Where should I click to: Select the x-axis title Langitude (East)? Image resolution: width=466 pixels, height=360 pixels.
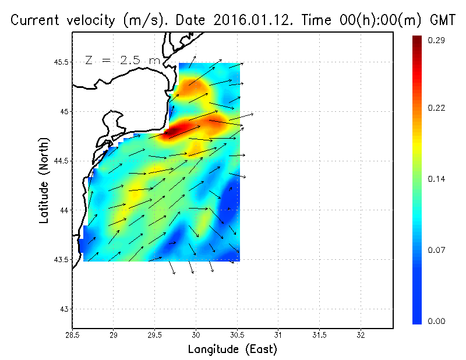click(x=232, y=350)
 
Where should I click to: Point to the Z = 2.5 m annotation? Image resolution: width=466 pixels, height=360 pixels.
click(x=121, y=60)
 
